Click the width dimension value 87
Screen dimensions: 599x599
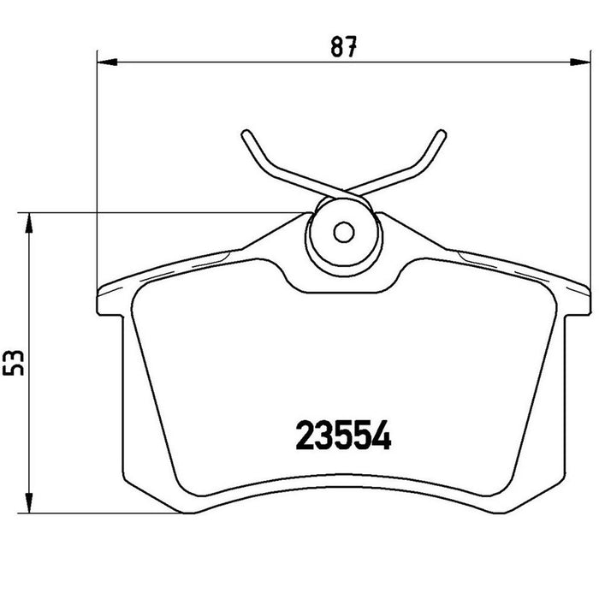coord(343,46)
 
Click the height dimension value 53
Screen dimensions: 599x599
coord(14,363)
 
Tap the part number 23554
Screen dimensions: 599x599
coord(343,435)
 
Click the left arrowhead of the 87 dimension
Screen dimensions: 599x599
coord(107,62)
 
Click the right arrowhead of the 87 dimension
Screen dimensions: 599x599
coord(580,62)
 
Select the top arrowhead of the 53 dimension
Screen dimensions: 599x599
coord(28,222)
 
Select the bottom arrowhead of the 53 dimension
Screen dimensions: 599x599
coord(28,503)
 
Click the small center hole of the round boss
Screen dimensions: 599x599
coord(344,232)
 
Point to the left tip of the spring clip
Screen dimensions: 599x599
coord(246,133)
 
